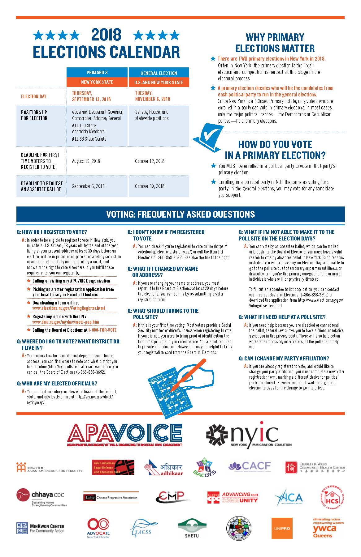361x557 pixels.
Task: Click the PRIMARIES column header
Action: [97, 73]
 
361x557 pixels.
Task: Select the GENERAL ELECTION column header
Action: [159, 73]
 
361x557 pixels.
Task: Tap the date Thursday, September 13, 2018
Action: [91, 96]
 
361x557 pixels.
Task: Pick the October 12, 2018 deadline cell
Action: [150, 161]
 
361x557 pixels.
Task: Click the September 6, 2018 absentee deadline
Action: [88, 186]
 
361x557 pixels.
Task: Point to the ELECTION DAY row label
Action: [33, 96]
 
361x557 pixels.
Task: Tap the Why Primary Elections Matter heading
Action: [275, 43]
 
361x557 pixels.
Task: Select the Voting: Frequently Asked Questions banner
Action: [180, 214]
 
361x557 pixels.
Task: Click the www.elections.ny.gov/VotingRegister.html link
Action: [68, 308]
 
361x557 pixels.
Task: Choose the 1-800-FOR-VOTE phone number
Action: [102, 330]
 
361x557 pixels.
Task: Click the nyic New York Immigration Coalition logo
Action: [249, 434]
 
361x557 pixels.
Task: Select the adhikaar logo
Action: [163, 467]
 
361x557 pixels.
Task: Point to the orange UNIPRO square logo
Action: [282, 528]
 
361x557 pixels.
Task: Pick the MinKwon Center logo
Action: [40, 528]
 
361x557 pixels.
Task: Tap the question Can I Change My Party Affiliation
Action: [284, 358]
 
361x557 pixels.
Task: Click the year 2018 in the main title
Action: [106, 35]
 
